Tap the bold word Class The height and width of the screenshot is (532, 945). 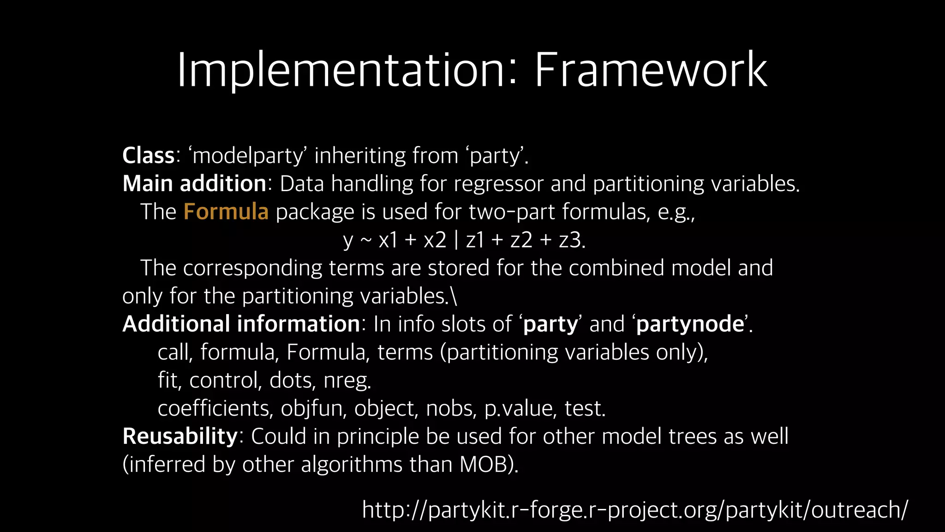(x=148, y=156)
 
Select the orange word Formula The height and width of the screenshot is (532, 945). (x=226, y=212)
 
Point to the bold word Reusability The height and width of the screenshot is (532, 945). (x=180, y=436)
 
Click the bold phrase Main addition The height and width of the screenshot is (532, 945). (x=194, y=184)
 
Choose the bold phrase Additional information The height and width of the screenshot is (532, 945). (x=241, y=324)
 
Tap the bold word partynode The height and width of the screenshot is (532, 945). (x=690, y=324)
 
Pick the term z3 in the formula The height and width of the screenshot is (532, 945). (x=570, y=240)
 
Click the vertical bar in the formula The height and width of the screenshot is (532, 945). (x=456, y=240)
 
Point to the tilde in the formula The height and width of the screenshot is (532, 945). (x=365, y=240)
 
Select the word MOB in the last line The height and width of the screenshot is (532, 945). (x=484, y=465)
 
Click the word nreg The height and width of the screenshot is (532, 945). (x=347, y=381)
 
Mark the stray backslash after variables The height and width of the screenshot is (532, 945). (x=455, y=296)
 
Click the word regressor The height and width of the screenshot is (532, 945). (x=498, y=184)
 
